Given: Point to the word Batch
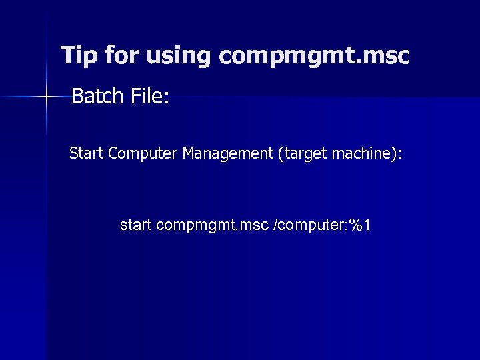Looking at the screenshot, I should click(96, 97).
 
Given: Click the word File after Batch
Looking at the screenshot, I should click(145, 97).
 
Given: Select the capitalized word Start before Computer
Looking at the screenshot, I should click(87, 155).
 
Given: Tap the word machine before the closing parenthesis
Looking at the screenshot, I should click(364, 155).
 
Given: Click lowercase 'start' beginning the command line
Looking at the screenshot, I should click(135, 225).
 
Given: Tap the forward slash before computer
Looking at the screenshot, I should click(276, 225).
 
